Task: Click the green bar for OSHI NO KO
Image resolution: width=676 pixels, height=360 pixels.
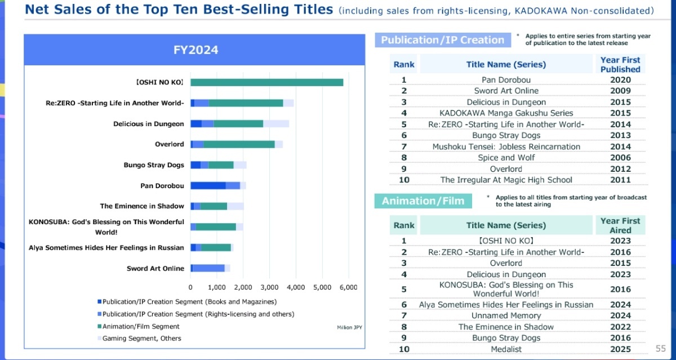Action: click(267, 82)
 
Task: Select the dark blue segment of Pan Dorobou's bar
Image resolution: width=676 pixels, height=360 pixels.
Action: click(208, 185)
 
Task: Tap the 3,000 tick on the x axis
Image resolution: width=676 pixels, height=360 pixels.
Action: click(269, 287)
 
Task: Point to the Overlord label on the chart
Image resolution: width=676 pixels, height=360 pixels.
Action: click(169, 144)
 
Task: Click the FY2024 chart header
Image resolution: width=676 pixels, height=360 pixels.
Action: click(195, 50)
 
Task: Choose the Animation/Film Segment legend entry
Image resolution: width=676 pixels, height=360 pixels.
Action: click(141, 326)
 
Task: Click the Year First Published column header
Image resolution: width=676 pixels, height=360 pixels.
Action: click(620, 64)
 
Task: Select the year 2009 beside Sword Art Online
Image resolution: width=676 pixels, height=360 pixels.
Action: click(620, 91)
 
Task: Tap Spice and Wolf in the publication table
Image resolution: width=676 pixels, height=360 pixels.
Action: click(506, 158)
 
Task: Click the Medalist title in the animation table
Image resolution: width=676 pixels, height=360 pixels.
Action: click(506, 349)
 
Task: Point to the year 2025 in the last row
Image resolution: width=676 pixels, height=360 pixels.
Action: click(620, 349)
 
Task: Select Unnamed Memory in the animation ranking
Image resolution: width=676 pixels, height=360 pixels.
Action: click(506, 315)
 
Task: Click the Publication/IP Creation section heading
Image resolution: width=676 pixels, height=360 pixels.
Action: click(442, 40)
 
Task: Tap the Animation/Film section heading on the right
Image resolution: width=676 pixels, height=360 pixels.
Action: click(422, 201)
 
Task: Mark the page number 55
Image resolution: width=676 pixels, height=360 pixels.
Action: click(661, 349)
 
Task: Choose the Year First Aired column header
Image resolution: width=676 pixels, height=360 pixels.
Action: click(620, 225)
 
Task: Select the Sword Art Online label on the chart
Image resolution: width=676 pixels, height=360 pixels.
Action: click(155, 268)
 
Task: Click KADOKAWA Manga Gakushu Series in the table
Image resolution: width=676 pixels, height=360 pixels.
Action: click(506, 113)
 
